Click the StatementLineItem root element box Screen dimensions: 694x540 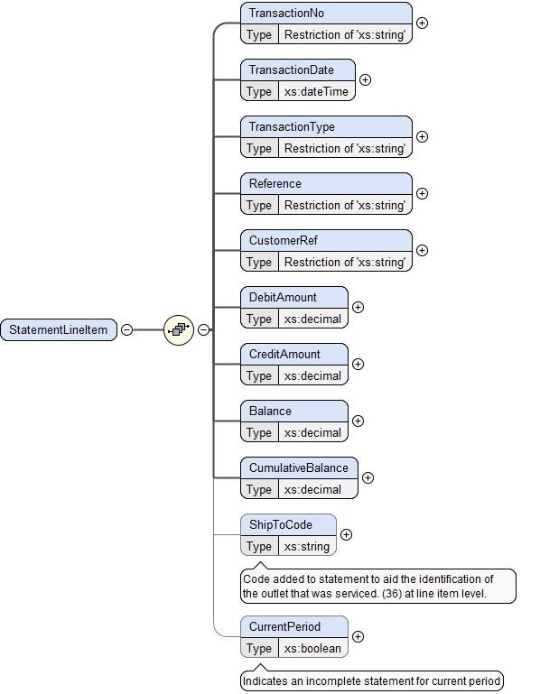click(x=59, y=330)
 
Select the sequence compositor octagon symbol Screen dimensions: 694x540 click(x=179, y=330)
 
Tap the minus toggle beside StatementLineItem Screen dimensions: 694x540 click(x=127, y=330)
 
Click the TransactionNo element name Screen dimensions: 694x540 click(x=287, y=14)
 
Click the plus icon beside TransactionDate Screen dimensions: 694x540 click(x=366, y=79)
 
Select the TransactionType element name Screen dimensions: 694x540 click(x=292, y=127)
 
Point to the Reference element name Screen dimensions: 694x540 click(x=275, y=184)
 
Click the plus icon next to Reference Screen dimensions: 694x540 click(x=422, y=193)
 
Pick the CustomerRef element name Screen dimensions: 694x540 click(x=284, y=241)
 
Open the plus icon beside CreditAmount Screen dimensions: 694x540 click(x=358, y=364)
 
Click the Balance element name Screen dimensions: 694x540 click(x=271, y=412)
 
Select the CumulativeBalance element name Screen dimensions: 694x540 click(x=299, y=468)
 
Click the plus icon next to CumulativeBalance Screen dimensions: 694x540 click(x=368, y=477)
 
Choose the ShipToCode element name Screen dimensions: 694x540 click(x=281, y=525)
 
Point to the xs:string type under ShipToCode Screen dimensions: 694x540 click(x=307, y=546)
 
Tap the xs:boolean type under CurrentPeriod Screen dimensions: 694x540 click(x=312, y=648)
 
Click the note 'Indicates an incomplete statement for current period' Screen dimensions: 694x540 click(x=372, y=681)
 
